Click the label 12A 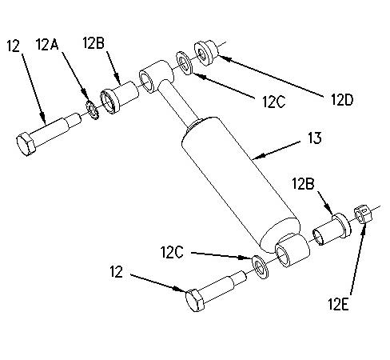point(47,44)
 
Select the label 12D point(342,100)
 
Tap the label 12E point(338,304)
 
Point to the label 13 point(315,138)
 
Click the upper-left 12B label point(94,42)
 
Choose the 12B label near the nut point(303,184)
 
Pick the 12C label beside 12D point(273,102)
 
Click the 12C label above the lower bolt point(172,252)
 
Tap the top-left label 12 point(14,46)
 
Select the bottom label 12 point(117,272)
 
